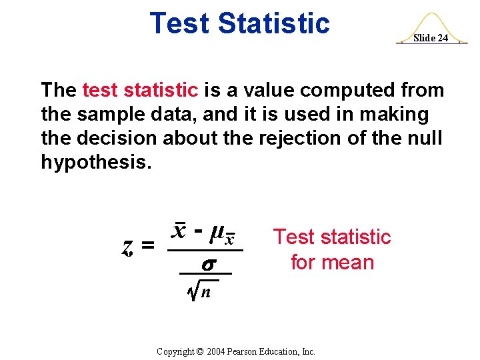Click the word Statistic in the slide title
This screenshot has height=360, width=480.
(x=274, y=23)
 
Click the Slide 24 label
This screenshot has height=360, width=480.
(x=430, y=38)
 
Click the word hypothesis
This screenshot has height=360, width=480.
(x=91, y=162)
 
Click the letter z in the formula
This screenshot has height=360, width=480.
(x=127, y=246)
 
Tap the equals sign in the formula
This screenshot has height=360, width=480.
(x=148, y=246)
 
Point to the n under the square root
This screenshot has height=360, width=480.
(x=207, y=291)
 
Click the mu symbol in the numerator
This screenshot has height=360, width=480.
(x=216, y=233)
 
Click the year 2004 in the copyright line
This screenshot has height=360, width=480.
(x=218, y=351)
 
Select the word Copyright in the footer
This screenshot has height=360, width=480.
(x=175, y=351)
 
